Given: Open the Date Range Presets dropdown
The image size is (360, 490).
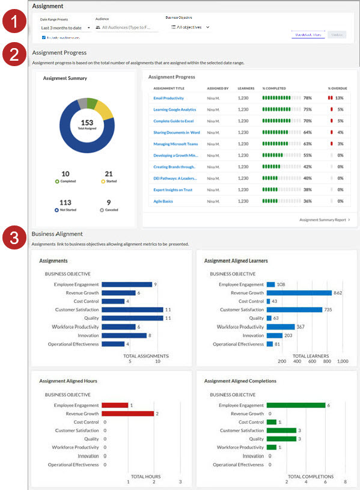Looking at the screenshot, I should [x=65, y=28].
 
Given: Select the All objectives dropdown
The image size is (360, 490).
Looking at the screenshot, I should [x=190, y=27].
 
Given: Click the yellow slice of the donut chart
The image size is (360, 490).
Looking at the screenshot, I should [x=103, y=109].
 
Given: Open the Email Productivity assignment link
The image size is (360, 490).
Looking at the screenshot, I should [x=168, y=98].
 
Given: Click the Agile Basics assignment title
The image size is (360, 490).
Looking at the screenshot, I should [x=163, y=201].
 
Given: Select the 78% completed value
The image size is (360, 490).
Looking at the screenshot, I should [x=307, y=98].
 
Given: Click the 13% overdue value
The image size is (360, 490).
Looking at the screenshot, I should [x=340, y=98].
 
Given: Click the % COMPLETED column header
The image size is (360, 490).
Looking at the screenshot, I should [x=274, y=88].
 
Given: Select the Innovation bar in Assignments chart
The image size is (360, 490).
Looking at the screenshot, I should [x=124, y=335].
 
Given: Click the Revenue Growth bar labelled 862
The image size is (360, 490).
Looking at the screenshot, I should [x=299, y=293].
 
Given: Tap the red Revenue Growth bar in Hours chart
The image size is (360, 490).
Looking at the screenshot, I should [x=127, y=414].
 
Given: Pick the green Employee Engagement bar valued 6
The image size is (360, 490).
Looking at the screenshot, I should [x=295, y=405].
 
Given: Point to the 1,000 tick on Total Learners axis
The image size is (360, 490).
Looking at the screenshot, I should [x=342, y=362].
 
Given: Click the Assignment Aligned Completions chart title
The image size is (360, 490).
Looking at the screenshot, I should [x=240, y=381].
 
